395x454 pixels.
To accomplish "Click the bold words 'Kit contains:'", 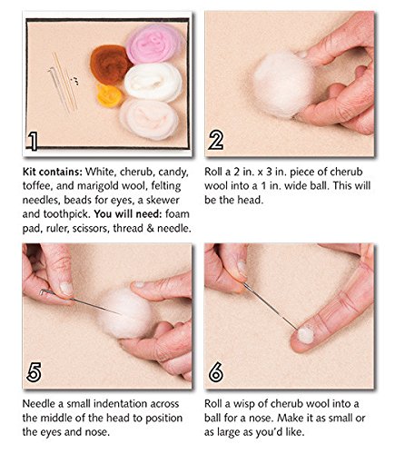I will [x=46, y=169].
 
